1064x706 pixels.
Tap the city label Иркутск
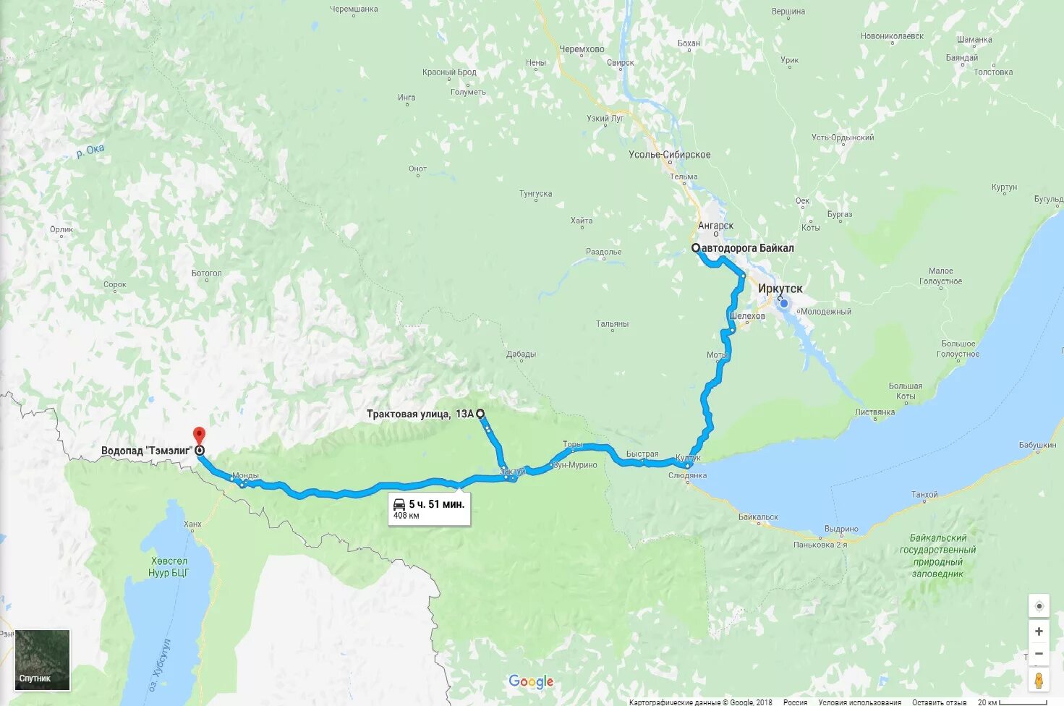coord(780,289)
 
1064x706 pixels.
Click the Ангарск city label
coord(715,226)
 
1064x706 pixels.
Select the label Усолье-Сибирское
coord(669,155)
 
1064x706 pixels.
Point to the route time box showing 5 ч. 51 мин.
coord(429,509)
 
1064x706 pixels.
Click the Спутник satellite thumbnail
coord(43,659)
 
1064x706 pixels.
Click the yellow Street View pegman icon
coord(1039,680)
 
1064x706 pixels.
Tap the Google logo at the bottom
coord(531,681)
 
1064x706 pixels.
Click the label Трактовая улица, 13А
coord(420,414)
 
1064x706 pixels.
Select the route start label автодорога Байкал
coord(747,248)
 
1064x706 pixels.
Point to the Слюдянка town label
coord(687,475)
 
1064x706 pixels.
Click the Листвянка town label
coord(874,412)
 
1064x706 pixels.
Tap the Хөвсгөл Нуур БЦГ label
coord(169,566)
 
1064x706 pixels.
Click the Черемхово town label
coord(582,49)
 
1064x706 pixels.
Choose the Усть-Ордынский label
coord(843,137)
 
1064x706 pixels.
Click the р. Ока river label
coord(90,150)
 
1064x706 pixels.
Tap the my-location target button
coord(1039,606)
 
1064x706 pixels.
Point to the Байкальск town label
coord(758,517)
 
